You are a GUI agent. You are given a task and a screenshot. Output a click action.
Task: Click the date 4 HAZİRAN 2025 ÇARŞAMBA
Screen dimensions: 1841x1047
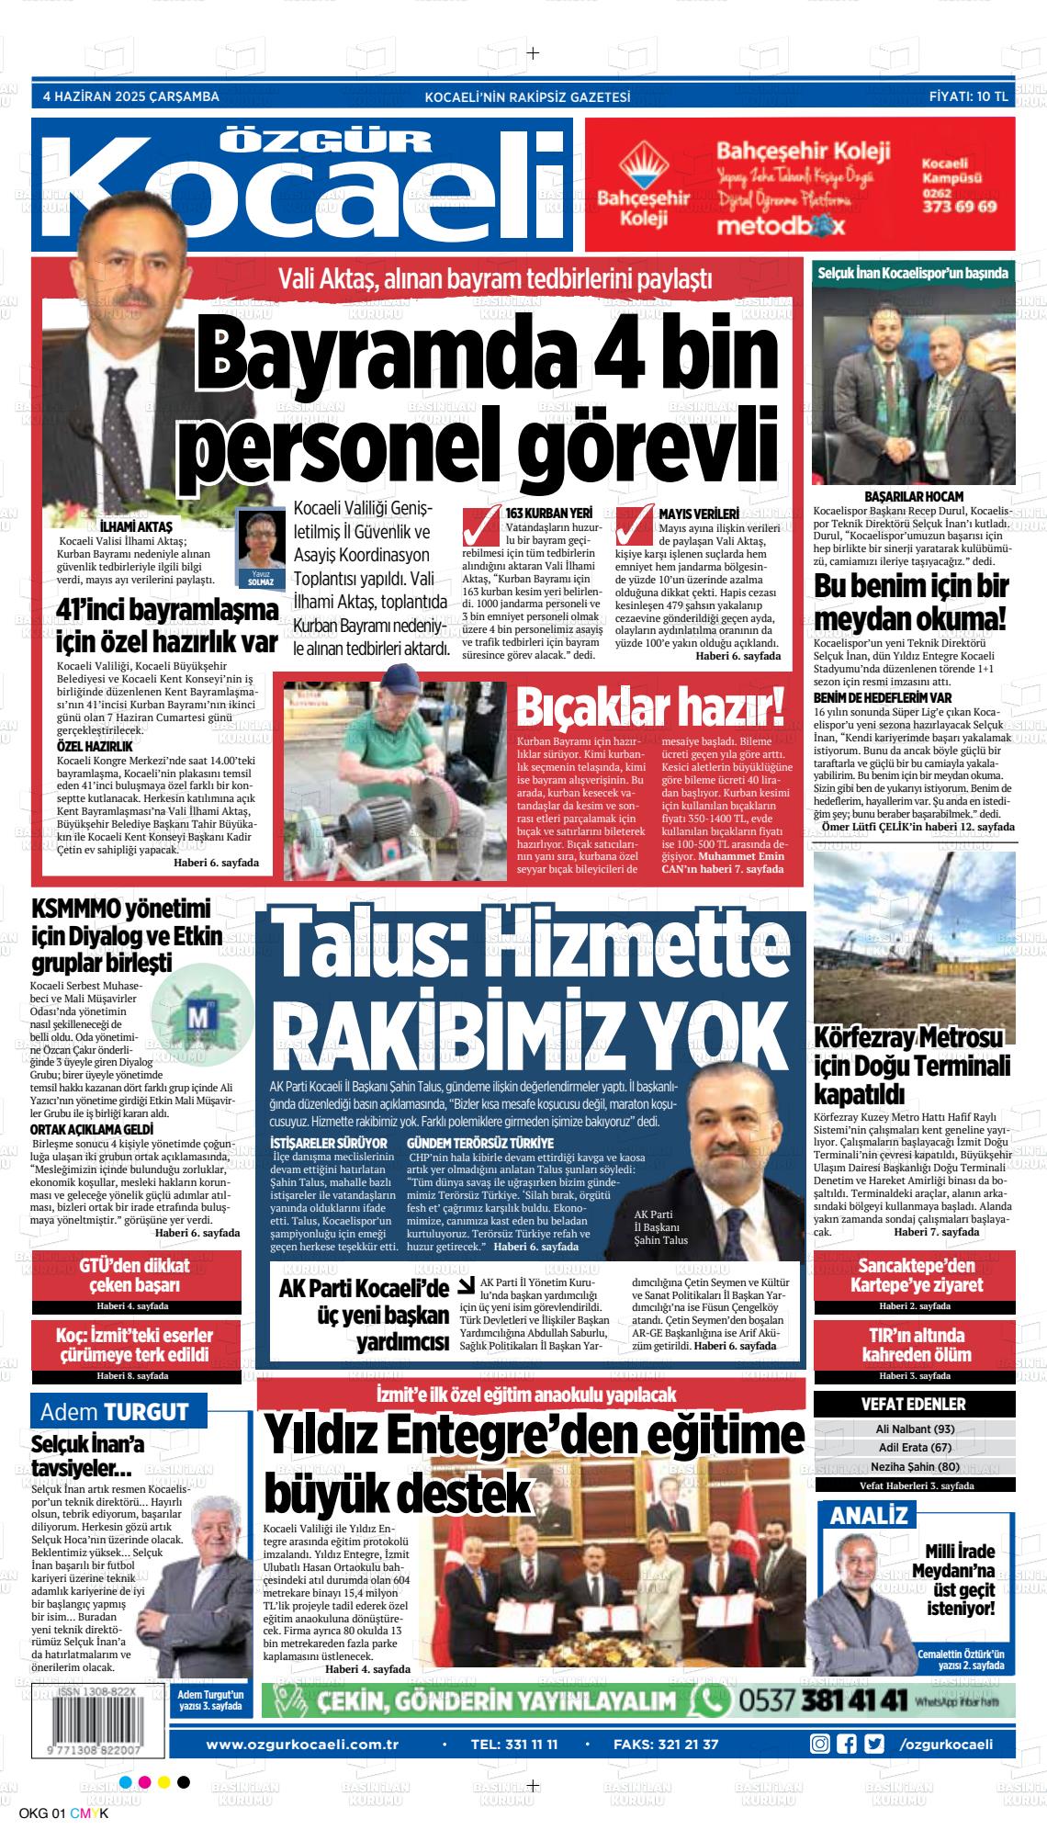131,96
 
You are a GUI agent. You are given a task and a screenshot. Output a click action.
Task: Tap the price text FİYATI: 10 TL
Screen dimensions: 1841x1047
968,96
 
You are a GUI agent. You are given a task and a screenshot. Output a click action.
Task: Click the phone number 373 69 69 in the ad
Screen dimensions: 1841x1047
959,207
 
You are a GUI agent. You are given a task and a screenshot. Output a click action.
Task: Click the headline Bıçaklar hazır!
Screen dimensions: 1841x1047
652,707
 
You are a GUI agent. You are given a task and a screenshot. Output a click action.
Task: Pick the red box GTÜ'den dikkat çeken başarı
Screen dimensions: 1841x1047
134,1275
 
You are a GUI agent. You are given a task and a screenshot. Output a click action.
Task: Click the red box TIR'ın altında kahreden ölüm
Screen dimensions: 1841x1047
914,1345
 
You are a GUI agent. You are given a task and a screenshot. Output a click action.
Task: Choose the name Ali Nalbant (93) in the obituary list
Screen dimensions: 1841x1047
915,1429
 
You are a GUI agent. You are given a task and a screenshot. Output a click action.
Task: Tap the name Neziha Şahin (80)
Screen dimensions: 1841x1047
915,1466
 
